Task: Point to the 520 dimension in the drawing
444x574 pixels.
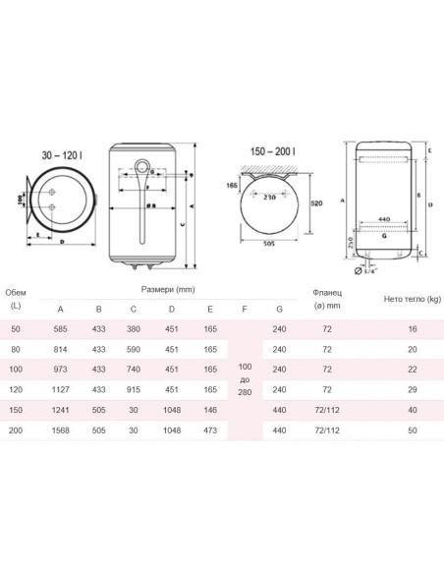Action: tap(316, 201)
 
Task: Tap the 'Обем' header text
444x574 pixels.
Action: tap(17, 292)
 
